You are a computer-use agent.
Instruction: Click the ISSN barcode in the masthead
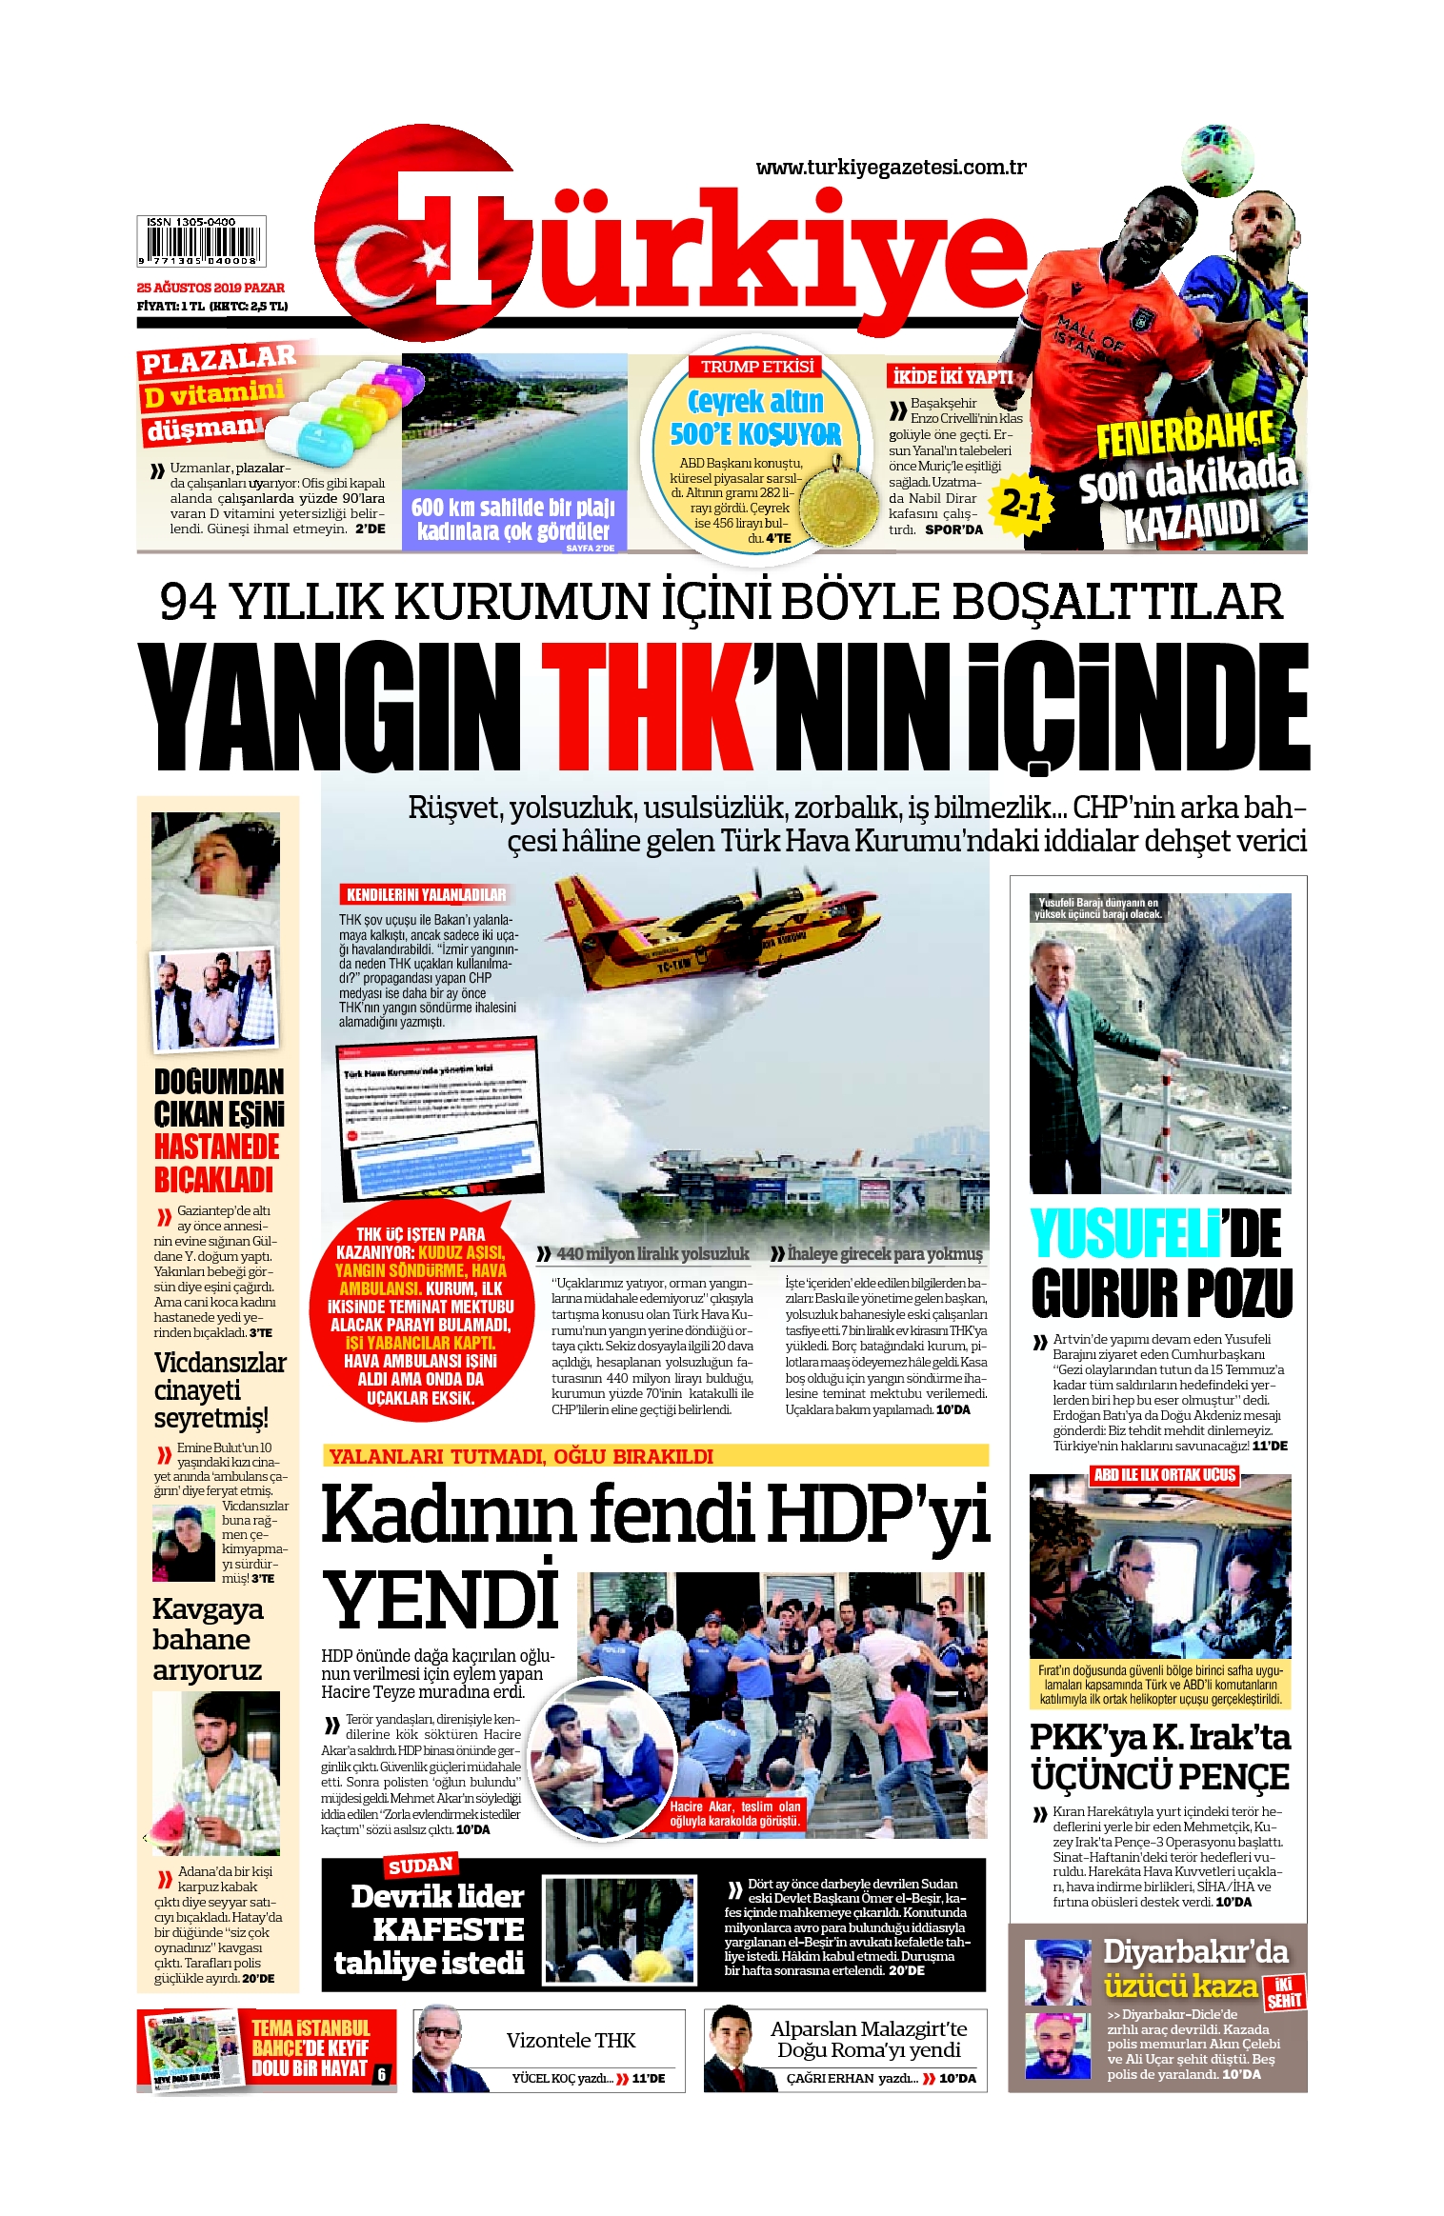(201, 242)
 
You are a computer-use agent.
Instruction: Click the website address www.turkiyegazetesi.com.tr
(890, 168)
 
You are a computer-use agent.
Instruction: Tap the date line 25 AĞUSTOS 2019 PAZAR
(211, 288)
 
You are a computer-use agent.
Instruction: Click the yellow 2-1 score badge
(1022, 504)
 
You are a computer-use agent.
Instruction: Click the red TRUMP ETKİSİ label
(757, 367)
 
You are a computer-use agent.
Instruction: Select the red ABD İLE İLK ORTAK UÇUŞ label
(1164, 1475)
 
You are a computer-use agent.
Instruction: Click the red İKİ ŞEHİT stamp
(1283, 1992)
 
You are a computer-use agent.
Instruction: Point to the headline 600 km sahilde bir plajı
(512, 508)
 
